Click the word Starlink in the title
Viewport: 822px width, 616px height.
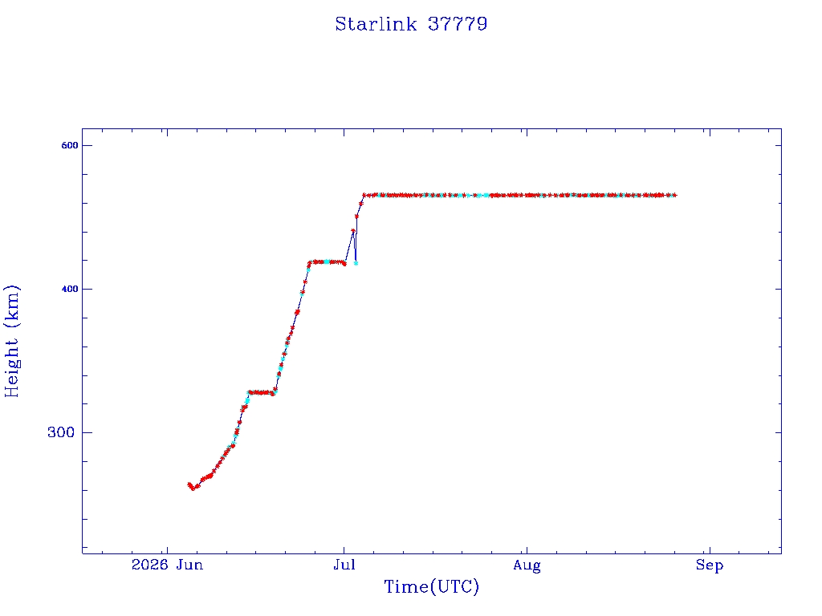(x=376, y=24)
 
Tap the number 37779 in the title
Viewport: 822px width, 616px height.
(x=458, y=24)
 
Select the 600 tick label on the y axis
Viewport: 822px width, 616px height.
(x=70, y=146)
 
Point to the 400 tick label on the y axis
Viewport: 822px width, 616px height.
(x=70, y=289)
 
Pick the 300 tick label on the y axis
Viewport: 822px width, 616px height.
(x=61, y=432)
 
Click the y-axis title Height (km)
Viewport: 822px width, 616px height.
(x=11, y=341)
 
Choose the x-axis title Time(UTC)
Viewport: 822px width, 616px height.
(x=431, y=586)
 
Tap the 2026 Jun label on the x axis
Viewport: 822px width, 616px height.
(x=167, y=565)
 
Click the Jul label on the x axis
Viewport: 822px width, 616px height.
(x=344, y=565)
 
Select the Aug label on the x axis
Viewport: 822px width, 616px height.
(x=527, y=565)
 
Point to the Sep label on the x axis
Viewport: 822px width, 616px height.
(x=710, y=565)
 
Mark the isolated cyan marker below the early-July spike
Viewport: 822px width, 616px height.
(x=356, y=263)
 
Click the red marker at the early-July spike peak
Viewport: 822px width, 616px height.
(x=353, y=230)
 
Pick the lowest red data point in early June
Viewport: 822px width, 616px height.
(x=193, y=488)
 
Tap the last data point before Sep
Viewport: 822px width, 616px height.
(x=674, y=196)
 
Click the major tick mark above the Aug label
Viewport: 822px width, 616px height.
(x=527, y=550)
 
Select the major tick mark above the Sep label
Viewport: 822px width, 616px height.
(x=710, y=550)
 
